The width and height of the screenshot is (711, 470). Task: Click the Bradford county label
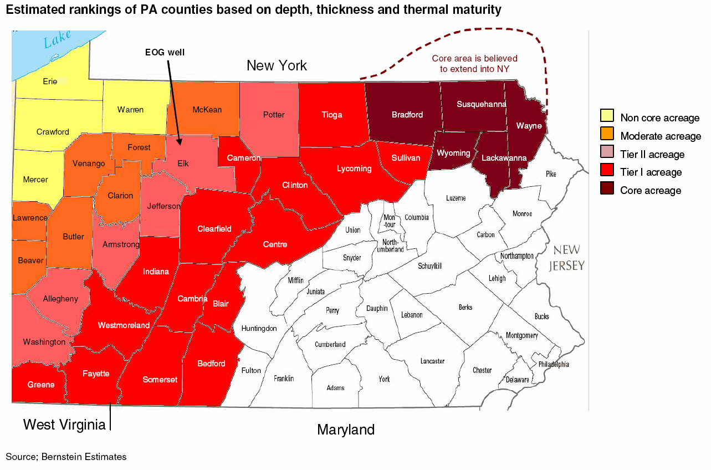tap(407, 115)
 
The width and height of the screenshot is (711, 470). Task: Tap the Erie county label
tap(50, 81)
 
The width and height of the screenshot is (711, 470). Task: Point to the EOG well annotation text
tap(165, 52)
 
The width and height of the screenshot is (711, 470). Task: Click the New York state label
tap(277, 66)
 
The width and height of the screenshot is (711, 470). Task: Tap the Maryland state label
tap(346, 430)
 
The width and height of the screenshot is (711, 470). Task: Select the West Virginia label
tap(64, 425)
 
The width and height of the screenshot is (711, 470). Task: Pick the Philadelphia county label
tap(554, 365)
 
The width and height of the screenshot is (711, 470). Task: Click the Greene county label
tap(41, 385)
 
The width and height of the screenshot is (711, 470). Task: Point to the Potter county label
tap(274, 115)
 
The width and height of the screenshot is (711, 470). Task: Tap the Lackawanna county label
tap(504, 158)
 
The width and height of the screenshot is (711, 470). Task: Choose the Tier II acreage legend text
tap(652, 155)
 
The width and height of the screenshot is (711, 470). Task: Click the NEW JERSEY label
tap(566, 258)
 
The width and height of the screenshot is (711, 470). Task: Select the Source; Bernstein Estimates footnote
tap(66, 457)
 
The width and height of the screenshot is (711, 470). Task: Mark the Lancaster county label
tap(432, 361)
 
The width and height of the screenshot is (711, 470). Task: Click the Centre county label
tap(275, 244)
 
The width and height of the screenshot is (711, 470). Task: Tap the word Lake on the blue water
tap(58, 38)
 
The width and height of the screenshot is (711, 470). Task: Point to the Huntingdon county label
tap(259, 329)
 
